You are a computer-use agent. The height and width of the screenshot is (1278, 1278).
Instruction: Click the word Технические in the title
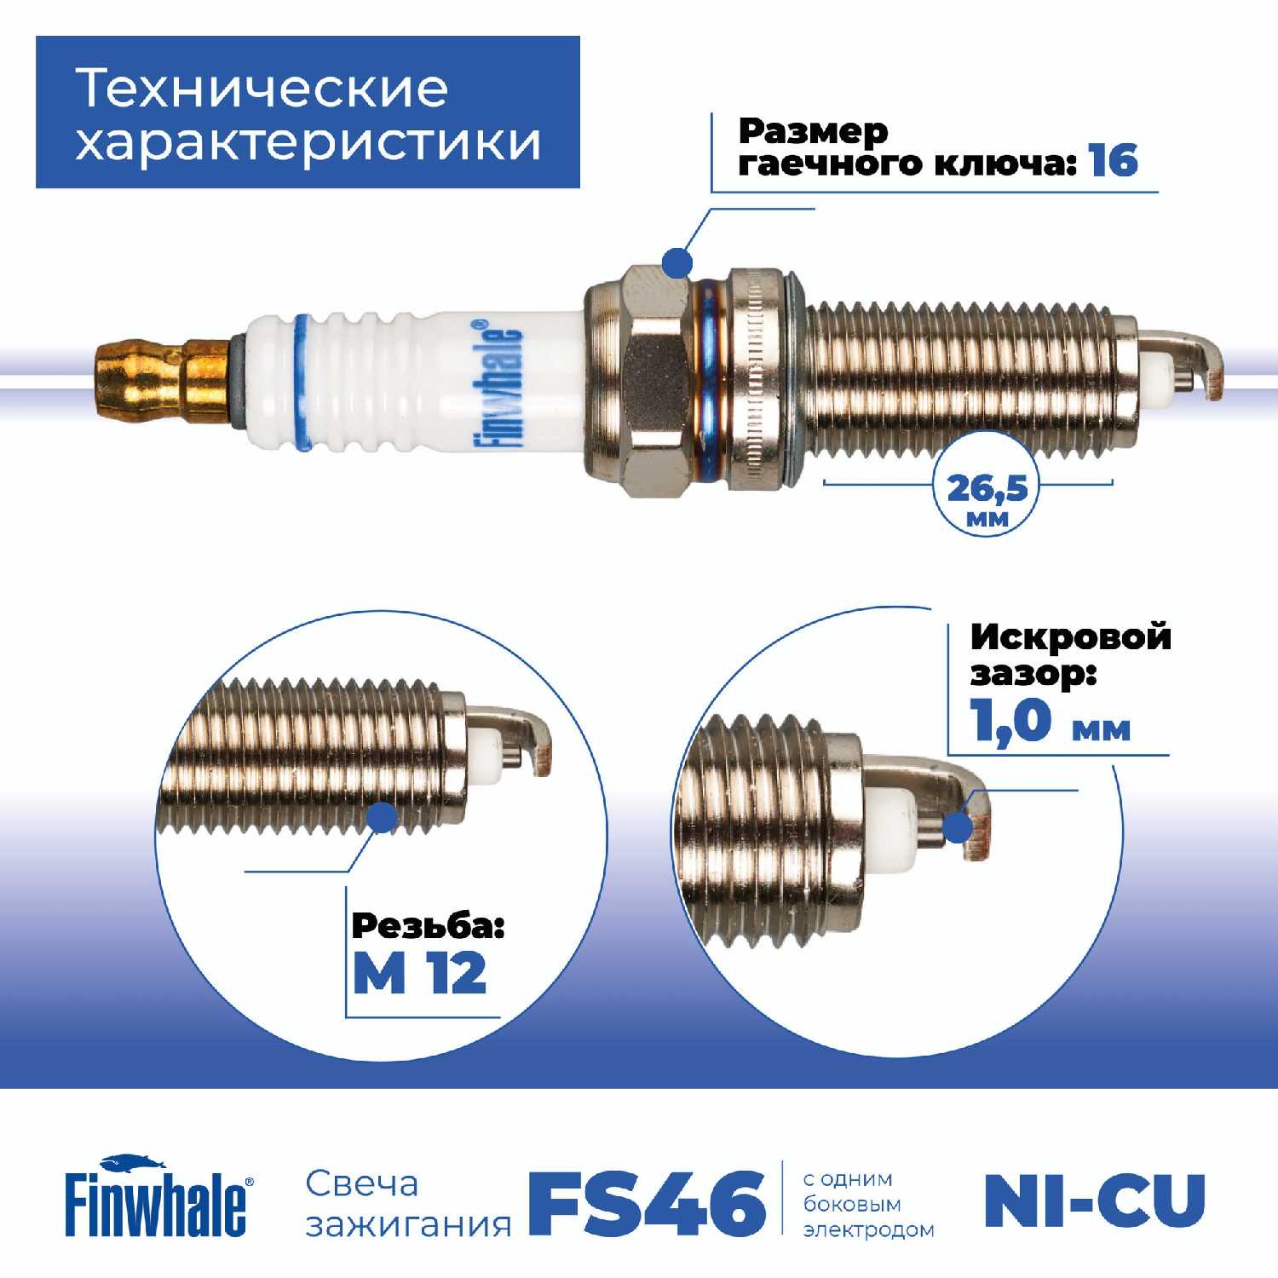point(262,88)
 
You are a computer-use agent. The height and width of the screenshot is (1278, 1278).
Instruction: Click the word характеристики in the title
point(308,141)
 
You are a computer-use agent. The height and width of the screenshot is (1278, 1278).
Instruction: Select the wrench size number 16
point(1113,160)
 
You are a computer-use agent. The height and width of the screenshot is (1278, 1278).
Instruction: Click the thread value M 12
point(419,973)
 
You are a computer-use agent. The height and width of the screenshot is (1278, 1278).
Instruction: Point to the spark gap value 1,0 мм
point(1051,721)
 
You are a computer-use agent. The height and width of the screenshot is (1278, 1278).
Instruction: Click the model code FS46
point(647,1202)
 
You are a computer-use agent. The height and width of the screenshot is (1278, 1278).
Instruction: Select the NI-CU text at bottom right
point(1095,1200)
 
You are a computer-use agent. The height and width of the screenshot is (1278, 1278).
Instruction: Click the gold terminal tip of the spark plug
point(162,372)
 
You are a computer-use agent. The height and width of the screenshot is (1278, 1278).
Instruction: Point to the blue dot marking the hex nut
point(676,262)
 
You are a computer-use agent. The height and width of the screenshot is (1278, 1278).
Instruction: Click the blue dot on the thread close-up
point(383,817)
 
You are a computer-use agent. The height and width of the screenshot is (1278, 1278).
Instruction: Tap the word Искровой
point(1071,636)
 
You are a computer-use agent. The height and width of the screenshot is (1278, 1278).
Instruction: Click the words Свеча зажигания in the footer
point(408,1203)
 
